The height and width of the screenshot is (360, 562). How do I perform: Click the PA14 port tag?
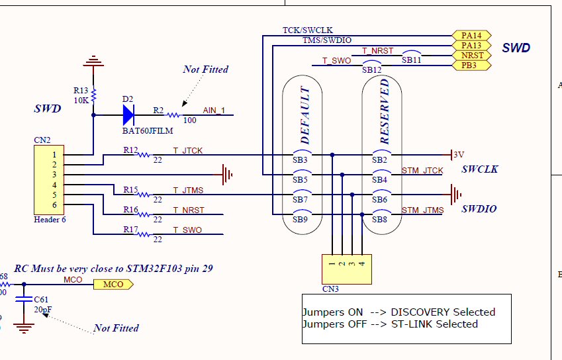[x=472, y=35]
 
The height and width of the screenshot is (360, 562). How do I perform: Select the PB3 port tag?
[x=472, y=66]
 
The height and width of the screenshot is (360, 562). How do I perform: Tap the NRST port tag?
[x=472, y=56]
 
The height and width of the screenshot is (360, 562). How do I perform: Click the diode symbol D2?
[x=128, y=115]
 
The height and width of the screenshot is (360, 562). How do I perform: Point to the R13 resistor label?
[x=81, y=90]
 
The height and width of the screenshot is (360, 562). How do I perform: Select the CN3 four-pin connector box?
[x=346, y=269]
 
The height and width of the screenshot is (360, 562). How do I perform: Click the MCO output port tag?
[x=113, y=285]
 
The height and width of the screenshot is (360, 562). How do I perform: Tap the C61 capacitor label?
[x=41, y=300]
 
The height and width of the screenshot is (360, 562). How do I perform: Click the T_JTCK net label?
[x=188, y=151]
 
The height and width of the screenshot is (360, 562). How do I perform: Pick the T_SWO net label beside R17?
[x=187, y=230]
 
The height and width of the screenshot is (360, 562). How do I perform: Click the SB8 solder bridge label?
[x=379, y=219]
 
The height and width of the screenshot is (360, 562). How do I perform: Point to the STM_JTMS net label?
[x=422, y=210]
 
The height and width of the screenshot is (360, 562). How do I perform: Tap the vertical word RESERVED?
[x=384, y=112]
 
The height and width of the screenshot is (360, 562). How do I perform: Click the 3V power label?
[x=459, y=155]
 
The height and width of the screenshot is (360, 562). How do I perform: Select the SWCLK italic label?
[x=480, y=169]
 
